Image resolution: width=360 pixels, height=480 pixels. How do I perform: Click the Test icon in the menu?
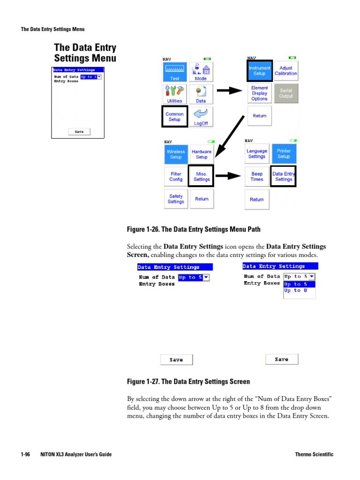(175, 72)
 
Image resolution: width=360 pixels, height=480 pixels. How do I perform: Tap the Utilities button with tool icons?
(175, 94)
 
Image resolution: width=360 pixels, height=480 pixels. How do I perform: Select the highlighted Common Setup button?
(175, 116)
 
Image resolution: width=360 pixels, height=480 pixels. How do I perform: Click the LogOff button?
(201, 117)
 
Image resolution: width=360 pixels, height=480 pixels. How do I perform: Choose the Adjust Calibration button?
(285, 71)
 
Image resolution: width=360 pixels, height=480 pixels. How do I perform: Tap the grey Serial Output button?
(285, 93)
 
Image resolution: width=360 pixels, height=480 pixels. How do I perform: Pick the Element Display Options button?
(259, 93)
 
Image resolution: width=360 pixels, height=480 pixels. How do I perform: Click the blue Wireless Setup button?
(176, 154)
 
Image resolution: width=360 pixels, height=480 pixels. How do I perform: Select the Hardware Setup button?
(202, 154)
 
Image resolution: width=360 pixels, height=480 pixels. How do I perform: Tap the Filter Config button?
(176, 176)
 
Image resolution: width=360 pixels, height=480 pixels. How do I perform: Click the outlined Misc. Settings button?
(202, 176)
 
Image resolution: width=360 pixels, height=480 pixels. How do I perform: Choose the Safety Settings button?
(176, 199)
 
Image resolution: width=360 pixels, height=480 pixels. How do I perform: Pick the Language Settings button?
(257, 154)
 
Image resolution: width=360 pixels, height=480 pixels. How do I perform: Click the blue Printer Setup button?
(284, 154)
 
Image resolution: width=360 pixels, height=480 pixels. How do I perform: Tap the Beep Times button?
(257, 176)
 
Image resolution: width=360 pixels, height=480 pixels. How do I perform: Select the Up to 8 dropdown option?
(296, 291)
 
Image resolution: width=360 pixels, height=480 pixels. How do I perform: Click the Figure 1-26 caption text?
(194, 229)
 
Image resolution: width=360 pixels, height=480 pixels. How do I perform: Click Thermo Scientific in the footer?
(314, 455)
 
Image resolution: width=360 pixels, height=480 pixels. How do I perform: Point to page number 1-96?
(25, 455)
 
